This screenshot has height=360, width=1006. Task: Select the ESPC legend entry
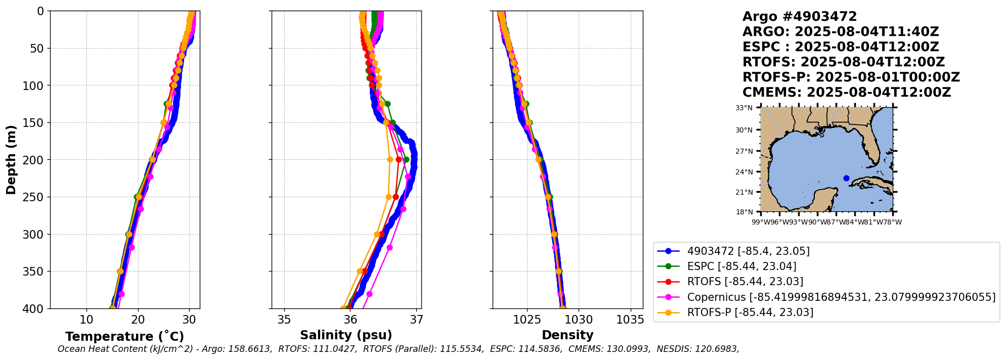pos(741,266)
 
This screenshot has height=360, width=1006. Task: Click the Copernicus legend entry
pos(841,297)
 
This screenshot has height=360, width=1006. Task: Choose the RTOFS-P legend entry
pos(750,312)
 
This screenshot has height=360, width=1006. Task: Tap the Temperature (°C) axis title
pos(124,337)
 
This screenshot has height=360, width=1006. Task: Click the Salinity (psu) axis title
pos(346,335)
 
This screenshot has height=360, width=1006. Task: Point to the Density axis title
pos(567,335)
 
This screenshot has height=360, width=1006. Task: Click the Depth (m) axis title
pos(11,160)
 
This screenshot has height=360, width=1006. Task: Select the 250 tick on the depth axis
pos(35,197)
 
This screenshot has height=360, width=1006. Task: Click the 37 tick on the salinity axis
pos(416,320)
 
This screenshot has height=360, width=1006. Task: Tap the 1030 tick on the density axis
pos(579,320)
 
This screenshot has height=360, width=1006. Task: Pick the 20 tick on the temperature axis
pos(138,320)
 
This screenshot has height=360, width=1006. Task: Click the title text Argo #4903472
pos(799,17)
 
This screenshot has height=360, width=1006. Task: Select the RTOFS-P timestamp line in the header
pos(851,77)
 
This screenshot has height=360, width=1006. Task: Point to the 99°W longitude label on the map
pos(760,222)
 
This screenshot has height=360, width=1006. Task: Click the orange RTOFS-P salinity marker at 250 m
pos(388,197)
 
